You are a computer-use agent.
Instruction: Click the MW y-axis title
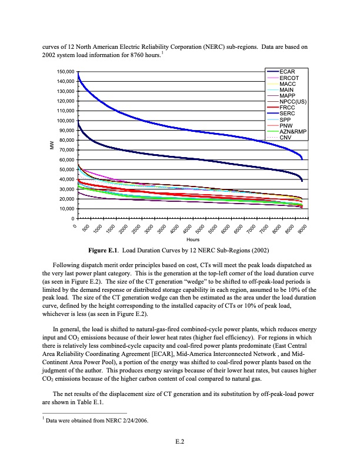tap(52, 145)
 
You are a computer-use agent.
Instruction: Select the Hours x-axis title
tap(192, 239)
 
